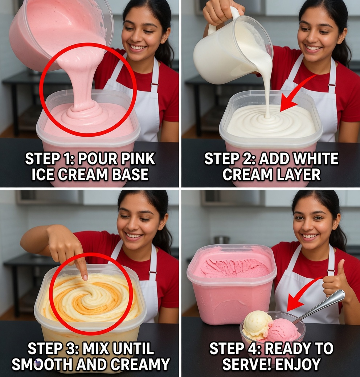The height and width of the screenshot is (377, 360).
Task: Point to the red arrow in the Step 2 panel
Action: (x=296, y=95)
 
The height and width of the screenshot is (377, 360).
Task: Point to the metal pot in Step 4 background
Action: (x=221, y=240)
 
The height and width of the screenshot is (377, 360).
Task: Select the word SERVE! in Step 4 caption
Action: (x=245, y=364)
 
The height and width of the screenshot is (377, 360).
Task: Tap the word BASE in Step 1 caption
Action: (x=130, y=174)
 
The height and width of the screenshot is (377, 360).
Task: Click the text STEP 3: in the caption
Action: (x=53, y=349)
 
